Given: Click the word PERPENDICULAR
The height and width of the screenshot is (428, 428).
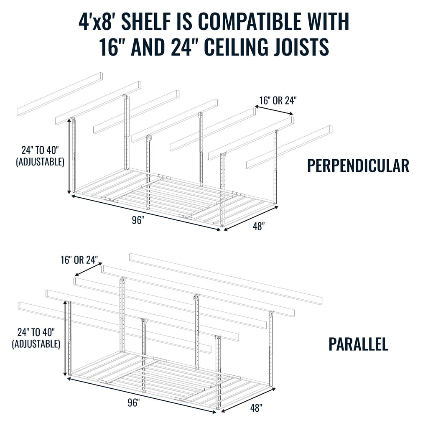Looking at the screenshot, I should tap(358, 166).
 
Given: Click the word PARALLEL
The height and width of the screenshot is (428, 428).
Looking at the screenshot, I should tap(358, 344).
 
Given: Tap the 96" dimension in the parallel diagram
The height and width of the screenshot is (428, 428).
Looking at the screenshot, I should tap(134, 403).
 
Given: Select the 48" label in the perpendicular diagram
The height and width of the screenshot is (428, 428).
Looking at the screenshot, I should tap(259, 227).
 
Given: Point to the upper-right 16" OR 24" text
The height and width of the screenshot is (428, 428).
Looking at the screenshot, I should tap(278, 101).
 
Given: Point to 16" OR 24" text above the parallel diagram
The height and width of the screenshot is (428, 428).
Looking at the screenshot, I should tap(79, 260).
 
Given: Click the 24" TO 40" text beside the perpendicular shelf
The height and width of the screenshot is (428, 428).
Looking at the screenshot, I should tap(40, 150).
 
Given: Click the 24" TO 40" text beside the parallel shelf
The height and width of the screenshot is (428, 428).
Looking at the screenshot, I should tap(36, 333).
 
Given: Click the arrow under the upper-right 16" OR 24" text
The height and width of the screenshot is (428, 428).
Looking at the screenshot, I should tap(274, 111).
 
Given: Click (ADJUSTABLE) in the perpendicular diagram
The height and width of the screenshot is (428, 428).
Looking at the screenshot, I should tap(40, 161).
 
